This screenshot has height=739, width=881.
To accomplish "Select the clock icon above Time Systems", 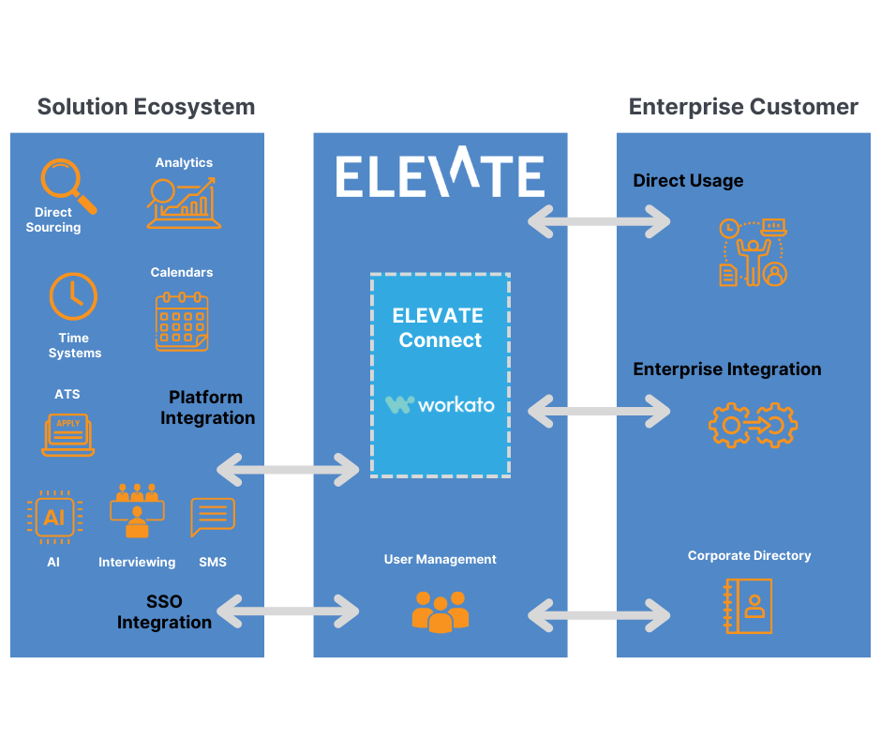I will click(73, 297).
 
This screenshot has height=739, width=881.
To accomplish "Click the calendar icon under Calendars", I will click(182, 322).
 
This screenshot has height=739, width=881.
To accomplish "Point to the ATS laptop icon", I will click(68, 434).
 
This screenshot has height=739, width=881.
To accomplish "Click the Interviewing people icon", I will click(137, 511).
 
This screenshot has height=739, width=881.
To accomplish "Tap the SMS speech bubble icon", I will click(213, 517).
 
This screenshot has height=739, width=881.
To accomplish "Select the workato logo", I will click(440, 404).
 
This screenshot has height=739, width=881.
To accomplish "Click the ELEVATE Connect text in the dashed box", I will click(439, 327).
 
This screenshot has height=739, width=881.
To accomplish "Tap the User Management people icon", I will click(440, 611).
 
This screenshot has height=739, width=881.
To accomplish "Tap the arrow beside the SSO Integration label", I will click(289, 611).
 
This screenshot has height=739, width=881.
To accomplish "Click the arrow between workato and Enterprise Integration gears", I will click(600, 411).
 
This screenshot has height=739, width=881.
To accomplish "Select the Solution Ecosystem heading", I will click(145, 107).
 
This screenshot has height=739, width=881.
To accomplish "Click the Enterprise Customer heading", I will click(743, 107).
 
